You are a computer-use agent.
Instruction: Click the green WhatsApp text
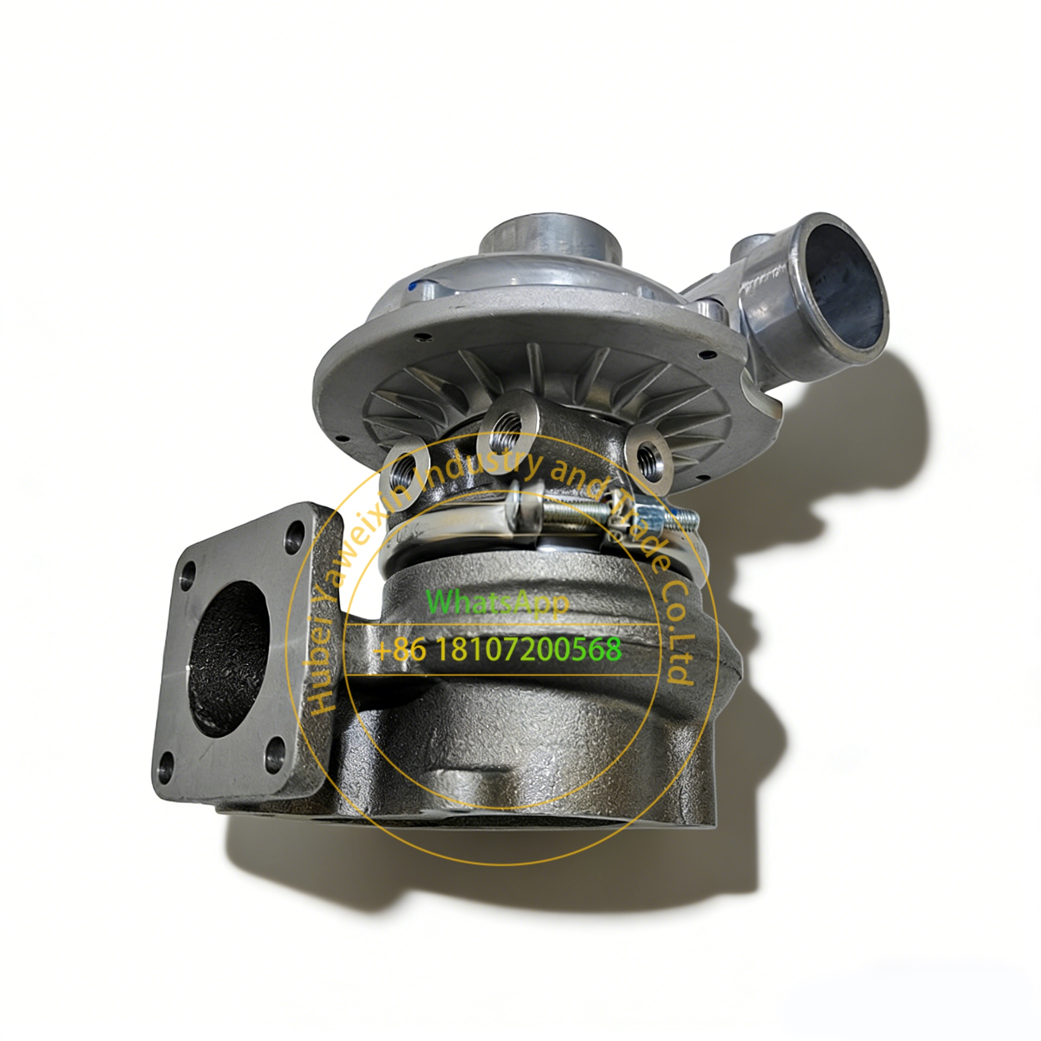point(497,602)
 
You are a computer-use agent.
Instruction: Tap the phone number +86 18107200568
point(497,649)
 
